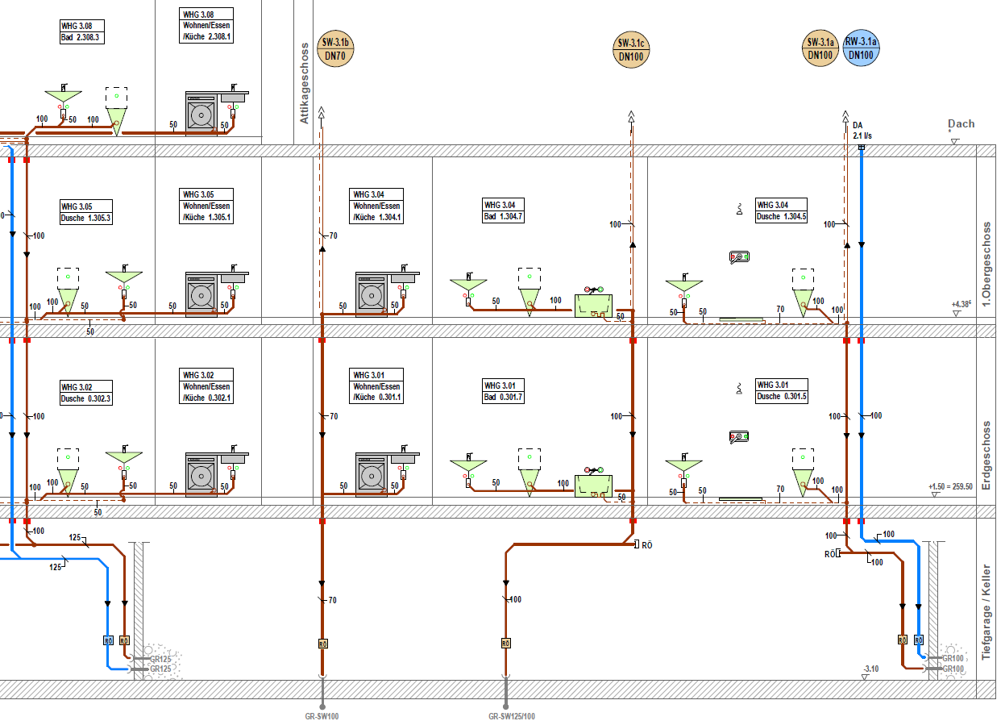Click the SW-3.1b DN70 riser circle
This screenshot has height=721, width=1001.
tap(335, 48)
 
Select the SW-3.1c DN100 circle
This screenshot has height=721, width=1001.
tap(631, 50)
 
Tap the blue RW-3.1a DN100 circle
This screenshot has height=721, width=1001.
tap(861, 48)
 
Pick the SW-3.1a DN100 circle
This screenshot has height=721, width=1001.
tap(820, 48)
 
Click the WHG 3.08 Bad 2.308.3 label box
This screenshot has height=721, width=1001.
tap(82, 31)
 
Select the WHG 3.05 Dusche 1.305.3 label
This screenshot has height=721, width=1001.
tap(86, 212)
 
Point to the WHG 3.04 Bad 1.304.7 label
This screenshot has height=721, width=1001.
tap(503, 210)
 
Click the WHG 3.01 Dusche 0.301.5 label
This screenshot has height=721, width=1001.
tap(782, 391)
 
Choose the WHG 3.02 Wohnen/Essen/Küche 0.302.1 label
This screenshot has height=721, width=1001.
tap(206, 386)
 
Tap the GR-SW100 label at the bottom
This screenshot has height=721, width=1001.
tap(322, 716)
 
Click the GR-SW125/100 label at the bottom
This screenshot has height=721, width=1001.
tap(512, 716)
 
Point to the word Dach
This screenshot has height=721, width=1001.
tap(962, 124)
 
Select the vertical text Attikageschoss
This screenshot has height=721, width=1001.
tap(305, 83)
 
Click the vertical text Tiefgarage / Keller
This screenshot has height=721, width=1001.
tap(986, 612)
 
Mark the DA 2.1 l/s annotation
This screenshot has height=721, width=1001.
tap(862, 130)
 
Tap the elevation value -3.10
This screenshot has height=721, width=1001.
tap(871, 669)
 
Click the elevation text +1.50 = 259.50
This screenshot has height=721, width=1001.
tap(950, 486)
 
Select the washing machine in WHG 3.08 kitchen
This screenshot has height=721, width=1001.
tap(201, 115)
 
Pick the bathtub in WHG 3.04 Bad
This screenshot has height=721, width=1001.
tap(593, 306)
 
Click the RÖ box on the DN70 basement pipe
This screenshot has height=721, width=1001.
tap(322, 644)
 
